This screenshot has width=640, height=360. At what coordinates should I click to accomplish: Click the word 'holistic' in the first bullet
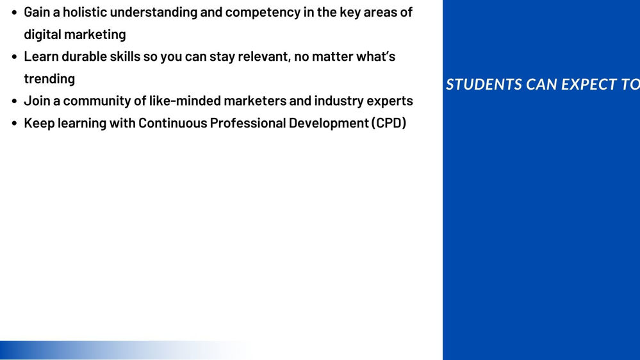85,12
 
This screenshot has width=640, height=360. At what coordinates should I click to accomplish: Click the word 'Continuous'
173,123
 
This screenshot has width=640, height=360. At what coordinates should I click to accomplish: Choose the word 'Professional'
248,123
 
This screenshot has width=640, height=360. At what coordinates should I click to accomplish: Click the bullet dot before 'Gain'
15,13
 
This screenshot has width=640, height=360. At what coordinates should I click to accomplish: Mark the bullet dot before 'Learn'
15,57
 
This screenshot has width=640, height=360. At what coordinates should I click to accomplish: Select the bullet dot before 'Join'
15,101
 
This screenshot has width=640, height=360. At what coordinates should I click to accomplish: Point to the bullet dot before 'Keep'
15,124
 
